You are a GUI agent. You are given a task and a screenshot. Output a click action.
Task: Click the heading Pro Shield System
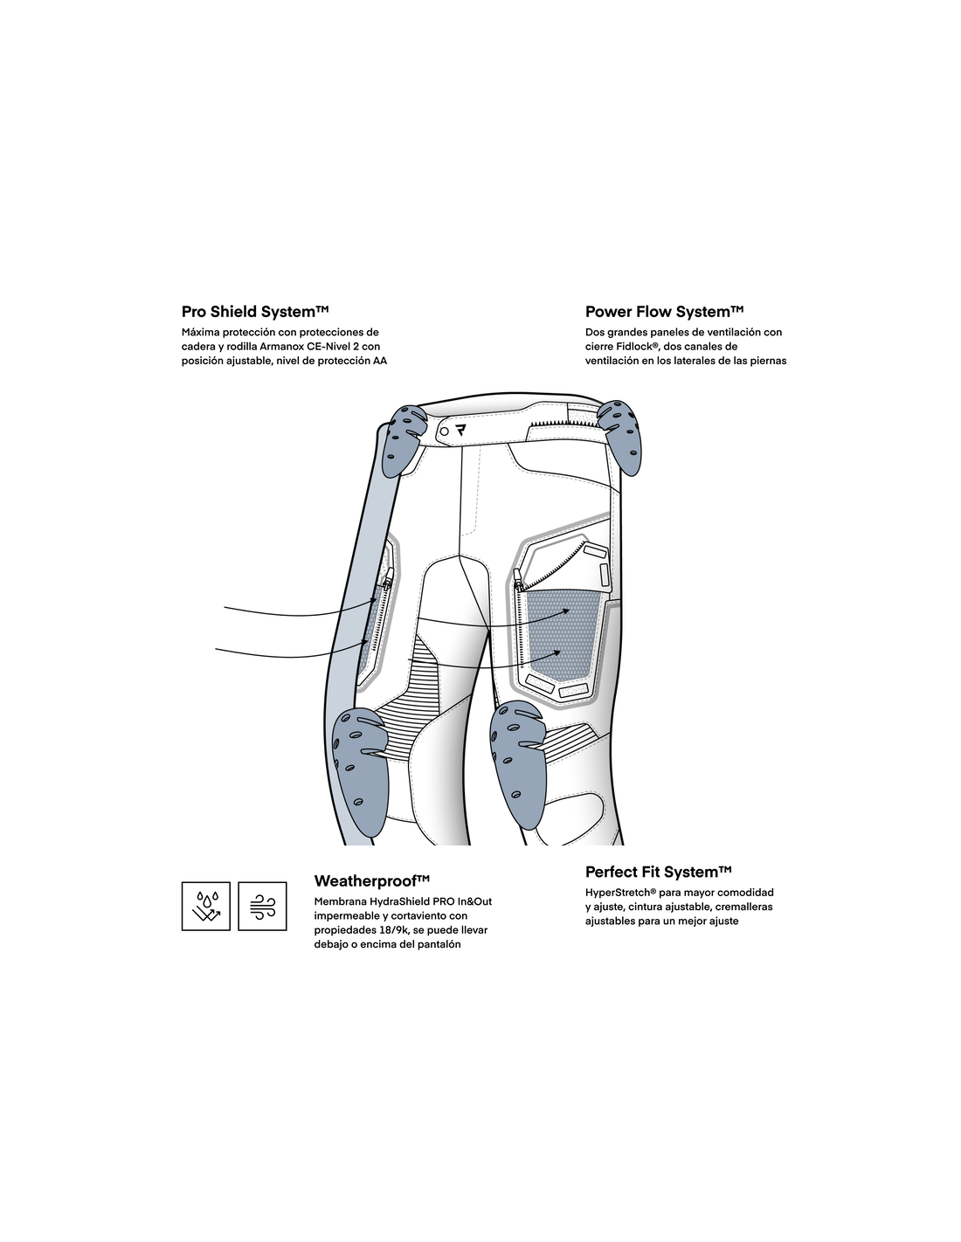click(255, 312)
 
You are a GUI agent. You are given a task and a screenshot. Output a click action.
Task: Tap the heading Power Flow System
click(664, 312)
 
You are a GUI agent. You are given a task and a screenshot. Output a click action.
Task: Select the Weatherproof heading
click(371, 880)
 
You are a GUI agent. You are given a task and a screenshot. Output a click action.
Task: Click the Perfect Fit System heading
click(658, 872)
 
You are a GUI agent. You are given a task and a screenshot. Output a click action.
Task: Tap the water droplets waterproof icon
click(206, 906)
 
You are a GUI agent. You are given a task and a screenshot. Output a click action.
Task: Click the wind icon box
click(262, 906)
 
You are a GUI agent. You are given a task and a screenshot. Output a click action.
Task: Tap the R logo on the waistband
click(460, 431)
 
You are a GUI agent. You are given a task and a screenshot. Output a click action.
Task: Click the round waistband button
click(445, 431)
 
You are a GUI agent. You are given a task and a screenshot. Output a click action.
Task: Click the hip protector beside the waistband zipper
click(620, 437)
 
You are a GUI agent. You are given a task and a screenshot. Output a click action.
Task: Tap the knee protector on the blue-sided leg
click(360, 771)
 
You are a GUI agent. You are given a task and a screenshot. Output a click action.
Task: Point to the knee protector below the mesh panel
click(517, 763)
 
